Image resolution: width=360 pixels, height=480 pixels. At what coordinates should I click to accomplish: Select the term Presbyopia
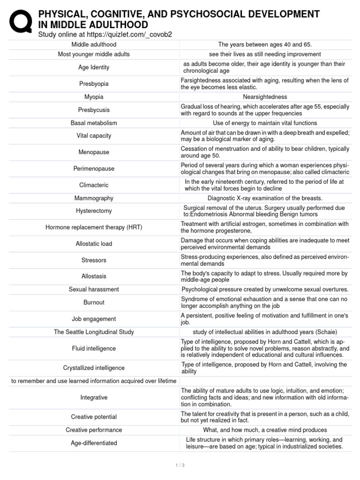click(94, 84)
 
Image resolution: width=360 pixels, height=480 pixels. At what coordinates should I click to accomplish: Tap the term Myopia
click(94, 97)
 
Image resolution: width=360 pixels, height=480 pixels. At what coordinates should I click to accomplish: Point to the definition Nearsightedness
click(265, 97)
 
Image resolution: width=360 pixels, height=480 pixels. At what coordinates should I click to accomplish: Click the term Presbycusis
click(94, 110)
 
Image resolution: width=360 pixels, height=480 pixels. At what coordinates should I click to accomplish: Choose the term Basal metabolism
click(94, 123)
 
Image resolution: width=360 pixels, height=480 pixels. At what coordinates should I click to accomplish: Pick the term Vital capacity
click(94, 136)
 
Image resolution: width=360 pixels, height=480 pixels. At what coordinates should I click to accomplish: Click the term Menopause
click(94, 152)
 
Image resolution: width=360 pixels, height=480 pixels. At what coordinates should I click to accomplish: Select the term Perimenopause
click(94, 169)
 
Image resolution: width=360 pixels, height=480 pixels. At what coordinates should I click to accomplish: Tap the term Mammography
click(94, 198)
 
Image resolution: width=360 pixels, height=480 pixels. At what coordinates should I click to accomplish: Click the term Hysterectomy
click(94, 211)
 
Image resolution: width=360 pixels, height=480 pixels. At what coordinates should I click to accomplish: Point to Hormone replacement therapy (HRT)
click(94, 227)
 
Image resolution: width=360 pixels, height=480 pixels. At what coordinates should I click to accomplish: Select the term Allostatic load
click(94, 244)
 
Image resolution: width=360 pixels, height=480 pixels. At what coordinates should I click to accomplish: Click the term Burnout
click(94, 302)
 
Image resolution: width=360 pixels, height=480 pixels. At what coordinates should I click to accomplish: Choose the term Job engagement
click(94, 319)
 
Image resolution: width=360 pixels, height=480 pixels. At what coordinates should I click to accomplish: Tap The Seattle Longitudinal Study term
click(94, 332)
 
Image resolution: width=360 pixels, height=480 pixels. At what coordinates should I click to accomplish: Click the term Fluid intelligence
click(94, 349)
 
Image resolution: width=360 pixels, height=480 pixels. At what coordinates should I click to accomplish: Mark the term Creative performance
click(94, 430)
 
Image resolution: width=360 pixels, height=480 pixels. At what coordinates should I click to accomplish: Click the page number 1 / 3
click(180, 465)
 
